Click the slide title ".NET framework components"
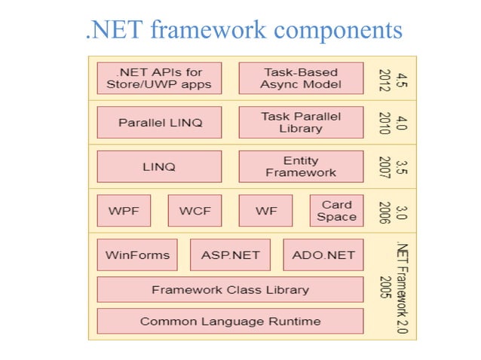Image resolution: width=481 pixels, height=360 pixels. pos(244,30)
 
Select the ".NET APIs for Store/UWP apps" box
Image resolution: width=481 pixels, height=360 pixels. pos(159,78)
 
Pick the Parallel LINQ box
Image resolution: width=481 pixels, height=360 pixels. pos(159,122)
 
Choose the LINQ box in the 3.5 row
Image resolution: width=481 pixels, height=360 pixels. pos(159,166)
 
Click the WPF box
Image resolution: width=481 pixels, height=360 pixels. pos(124,211)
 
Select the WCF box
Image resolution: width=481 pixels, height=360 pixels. pos(195,211)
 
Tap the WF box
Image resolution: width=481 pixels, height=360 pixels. pos(265,211)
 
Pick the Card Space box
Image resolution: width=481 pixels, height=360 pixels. pos(336,211)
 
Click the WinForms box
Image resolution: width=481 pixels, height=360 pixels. pos(137,255)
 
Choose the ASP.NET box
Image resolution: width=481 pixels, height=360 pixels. pos(230,255)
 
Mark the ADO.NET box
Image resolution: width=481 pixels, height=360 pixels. pos(323,255)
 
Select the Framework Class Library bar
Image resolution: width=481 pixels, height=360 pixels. pos(230,290)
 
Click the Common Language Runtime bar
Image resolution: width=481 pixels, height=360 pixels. pos(230,322)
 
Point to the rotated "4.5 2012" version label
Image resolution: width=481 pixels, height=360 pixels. pos(392,78)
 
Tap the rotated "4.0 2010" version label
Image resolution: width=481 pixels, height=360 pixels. pos(392,122)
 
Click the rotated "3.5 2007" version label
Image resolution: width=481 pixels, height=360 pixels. pos(392,166)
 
